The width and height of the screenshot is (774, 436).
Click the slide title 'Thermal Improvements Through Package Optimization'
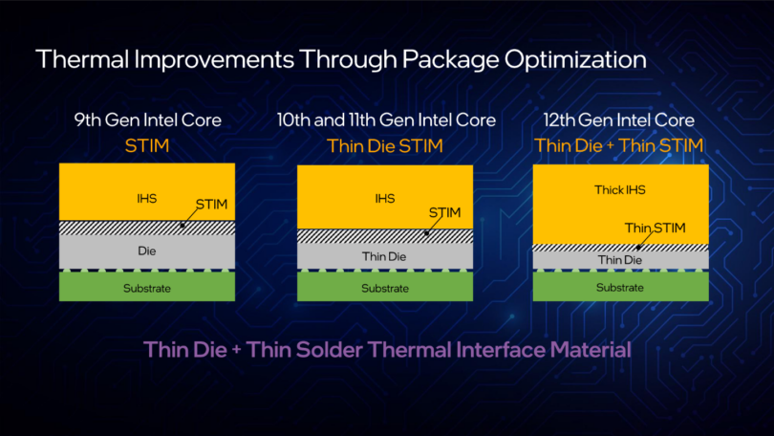click(340, 59)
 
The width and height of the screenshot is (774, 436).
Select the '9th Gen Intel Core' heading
click(148, 120)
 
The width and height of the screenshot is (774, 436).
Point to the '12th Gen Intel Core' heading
click(621, 120)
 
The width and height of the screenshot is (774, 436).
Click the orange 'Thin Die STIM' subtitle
click(385, 145)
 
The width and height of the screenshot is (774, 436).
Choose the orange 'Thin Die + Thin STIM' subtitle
click(620, 145)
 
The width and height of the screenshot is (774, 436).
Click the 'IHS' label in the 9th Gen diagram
click(146, 199)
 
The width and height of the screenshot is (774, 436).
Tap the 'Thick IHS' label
click(621, 190)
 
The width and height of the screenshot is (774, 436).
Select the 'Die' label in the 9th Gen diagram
click(146, 251)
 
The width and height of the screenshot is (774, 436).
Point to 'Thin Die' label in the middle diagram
click(385, 256)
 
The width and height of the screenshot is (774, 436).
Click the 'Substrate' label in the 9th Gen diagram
click(146, 288)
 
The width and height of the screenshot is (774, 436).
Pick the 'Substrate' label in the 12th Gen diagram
click(621, 287)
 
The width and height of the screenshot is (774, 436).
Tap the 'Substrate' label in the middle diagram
click(385, 288)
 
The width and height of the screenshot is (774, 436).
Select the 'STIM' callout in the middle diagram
click(445, 212)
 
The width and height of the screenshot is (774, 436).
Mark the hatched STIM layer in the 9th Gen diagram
click(105, 228)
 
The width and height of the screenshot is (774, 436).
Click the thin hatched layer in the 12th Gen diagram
click(583, 247)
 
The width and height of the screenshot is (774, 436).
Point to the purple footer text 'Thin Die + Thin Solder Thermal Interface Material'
click(387, 349)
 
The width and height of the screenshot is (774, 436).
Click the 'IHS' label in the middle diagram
click(384, 200)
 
